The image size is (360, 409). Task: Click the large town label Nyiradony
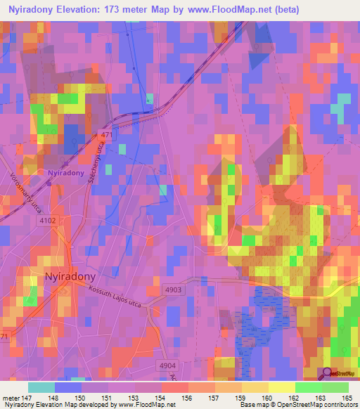tap(70, 276)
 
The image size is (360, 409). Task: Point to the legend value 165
tap(347, 398)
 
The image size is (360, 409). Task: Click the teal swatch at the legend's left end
tap(41, 387)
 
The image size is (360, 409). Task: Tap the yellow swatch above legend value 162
tap(281, 387)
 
